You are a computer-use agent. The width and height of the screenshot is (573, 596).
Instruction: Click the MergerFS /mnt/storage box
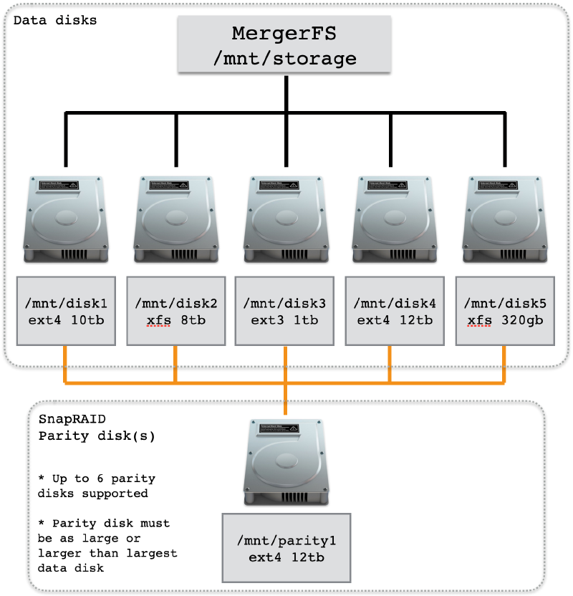click(x=284, y=44)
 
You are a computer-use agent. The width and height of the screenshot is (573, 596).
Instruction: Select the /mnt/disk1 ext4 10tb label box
click(x=66, y=311)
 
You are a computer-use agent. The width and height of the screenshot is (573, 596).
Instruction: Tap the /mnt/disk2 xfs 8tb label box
click(x=176, y=311)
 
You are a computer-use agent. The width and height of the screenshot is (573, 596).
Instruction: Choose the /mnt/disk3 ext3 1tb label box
click(x=284, y=311)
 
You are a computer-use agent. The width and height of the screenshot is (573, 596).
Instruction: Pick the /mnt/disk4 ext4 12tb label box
click(x=395, y=311)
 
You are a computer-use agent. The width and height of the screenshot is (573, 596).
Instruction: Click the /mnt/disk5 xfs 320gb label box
click(x=505, y=311)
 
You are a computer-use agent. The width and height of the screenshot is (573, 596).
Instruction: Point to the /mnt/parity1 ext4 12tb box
click(x=286, y=548)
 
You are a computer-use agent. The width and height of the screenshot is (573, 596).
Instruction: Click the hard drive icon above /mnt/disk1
click(x=66, y=219)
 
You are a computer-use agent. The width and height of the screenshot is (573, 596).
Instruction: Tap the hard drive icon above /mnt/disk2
click(x=176, y=219)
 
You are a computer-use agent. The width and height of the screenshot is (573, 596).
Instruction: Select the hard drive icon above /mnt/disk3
click(x=286, y=219)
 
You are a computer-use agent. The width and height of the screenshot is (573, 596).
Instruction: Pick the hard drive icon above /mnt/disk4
click(x=395, y=219)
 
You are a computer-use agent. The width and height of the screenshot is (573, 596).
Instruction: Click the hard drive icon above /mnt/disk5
click(x=505, y=219)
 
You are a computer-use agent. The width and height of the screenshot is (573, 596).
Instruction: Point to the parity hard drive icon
click(x=286, y=462)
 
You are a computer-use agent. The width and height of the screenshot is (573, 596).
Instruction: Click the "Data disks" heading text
click(x=55, y=20)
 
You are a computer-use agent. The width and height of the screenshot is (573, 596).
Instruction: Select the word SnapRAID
click(x=72, y=419)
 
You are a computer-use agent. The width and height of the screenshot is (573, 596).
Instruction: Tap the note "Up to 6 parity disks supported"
click(x=97, y=486)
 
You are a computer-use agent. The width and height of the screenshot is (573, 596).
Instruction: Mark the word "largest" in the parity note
click(x=152, y=554)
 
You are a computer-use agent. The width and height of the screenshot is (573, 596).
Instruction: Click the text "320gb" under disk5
click(x=522, y=320)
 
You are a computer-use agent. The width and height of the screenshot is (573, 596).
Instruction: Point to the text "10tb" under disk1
click(x=87, y=320)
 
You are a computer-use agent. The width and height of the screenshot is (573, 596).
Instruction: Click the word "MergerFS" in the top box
click(x=284, y=34)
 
